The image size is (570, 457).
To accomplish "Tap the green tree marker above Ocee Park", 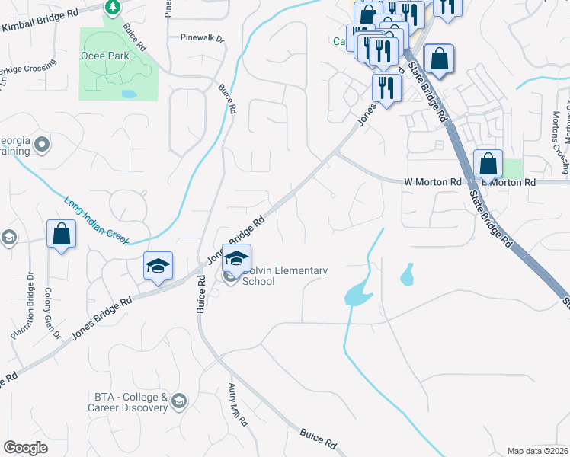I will point(113,8).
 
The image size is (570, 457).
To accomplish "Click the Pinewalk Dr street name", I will point(202,37).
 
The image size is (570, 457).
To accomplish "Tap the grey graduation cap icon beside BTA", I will point(179,401).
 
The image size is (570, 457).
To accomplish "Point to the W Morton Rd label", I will point(432,182).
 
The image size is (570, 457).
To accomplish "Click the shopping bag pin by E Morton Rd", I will point(488,165).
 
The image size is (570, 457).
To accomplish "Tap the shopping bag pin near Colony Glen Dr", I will point(61,235).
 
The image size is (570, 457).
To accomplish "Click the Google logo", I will point(25,447).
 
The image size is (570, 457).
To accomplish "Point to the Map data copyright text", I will point(537,451).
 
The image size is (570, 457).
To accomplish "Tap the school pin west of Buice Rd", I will point(158,267).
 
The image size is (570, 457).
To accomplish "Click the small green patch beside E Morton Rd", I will point(514,169).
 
